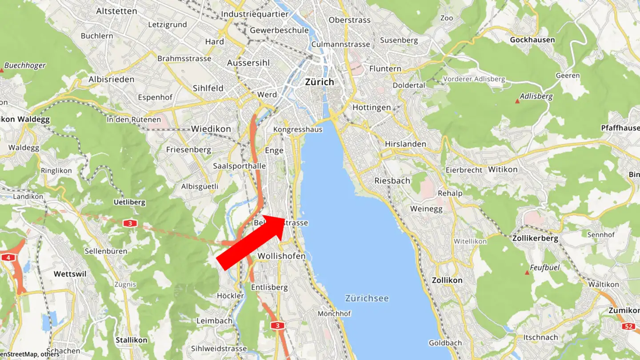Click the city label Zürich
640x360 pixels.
pos(319,82)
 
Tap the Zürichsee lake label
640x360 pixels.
pos(367,298)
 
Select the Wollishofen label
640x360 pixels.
pos(281,256)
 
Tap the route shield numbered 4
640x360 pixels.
pos(8,257)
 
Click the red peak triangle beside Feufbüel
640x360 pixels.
pos(527,272)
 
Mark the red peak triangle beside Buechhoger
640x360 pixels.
pos(2,70)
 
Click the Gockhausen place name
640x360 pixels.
pos(532,40)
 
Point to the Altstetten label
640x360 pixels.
pos(116,11)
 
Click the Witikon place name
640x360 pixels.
pos(503,169)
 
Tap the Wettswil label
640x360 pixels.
pos(70,274)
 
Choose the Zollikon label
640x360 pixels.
pos(447,280)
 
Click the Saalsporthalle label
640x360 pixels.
pos(239,166)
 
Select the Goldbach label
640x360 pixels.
pos(445,343)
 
